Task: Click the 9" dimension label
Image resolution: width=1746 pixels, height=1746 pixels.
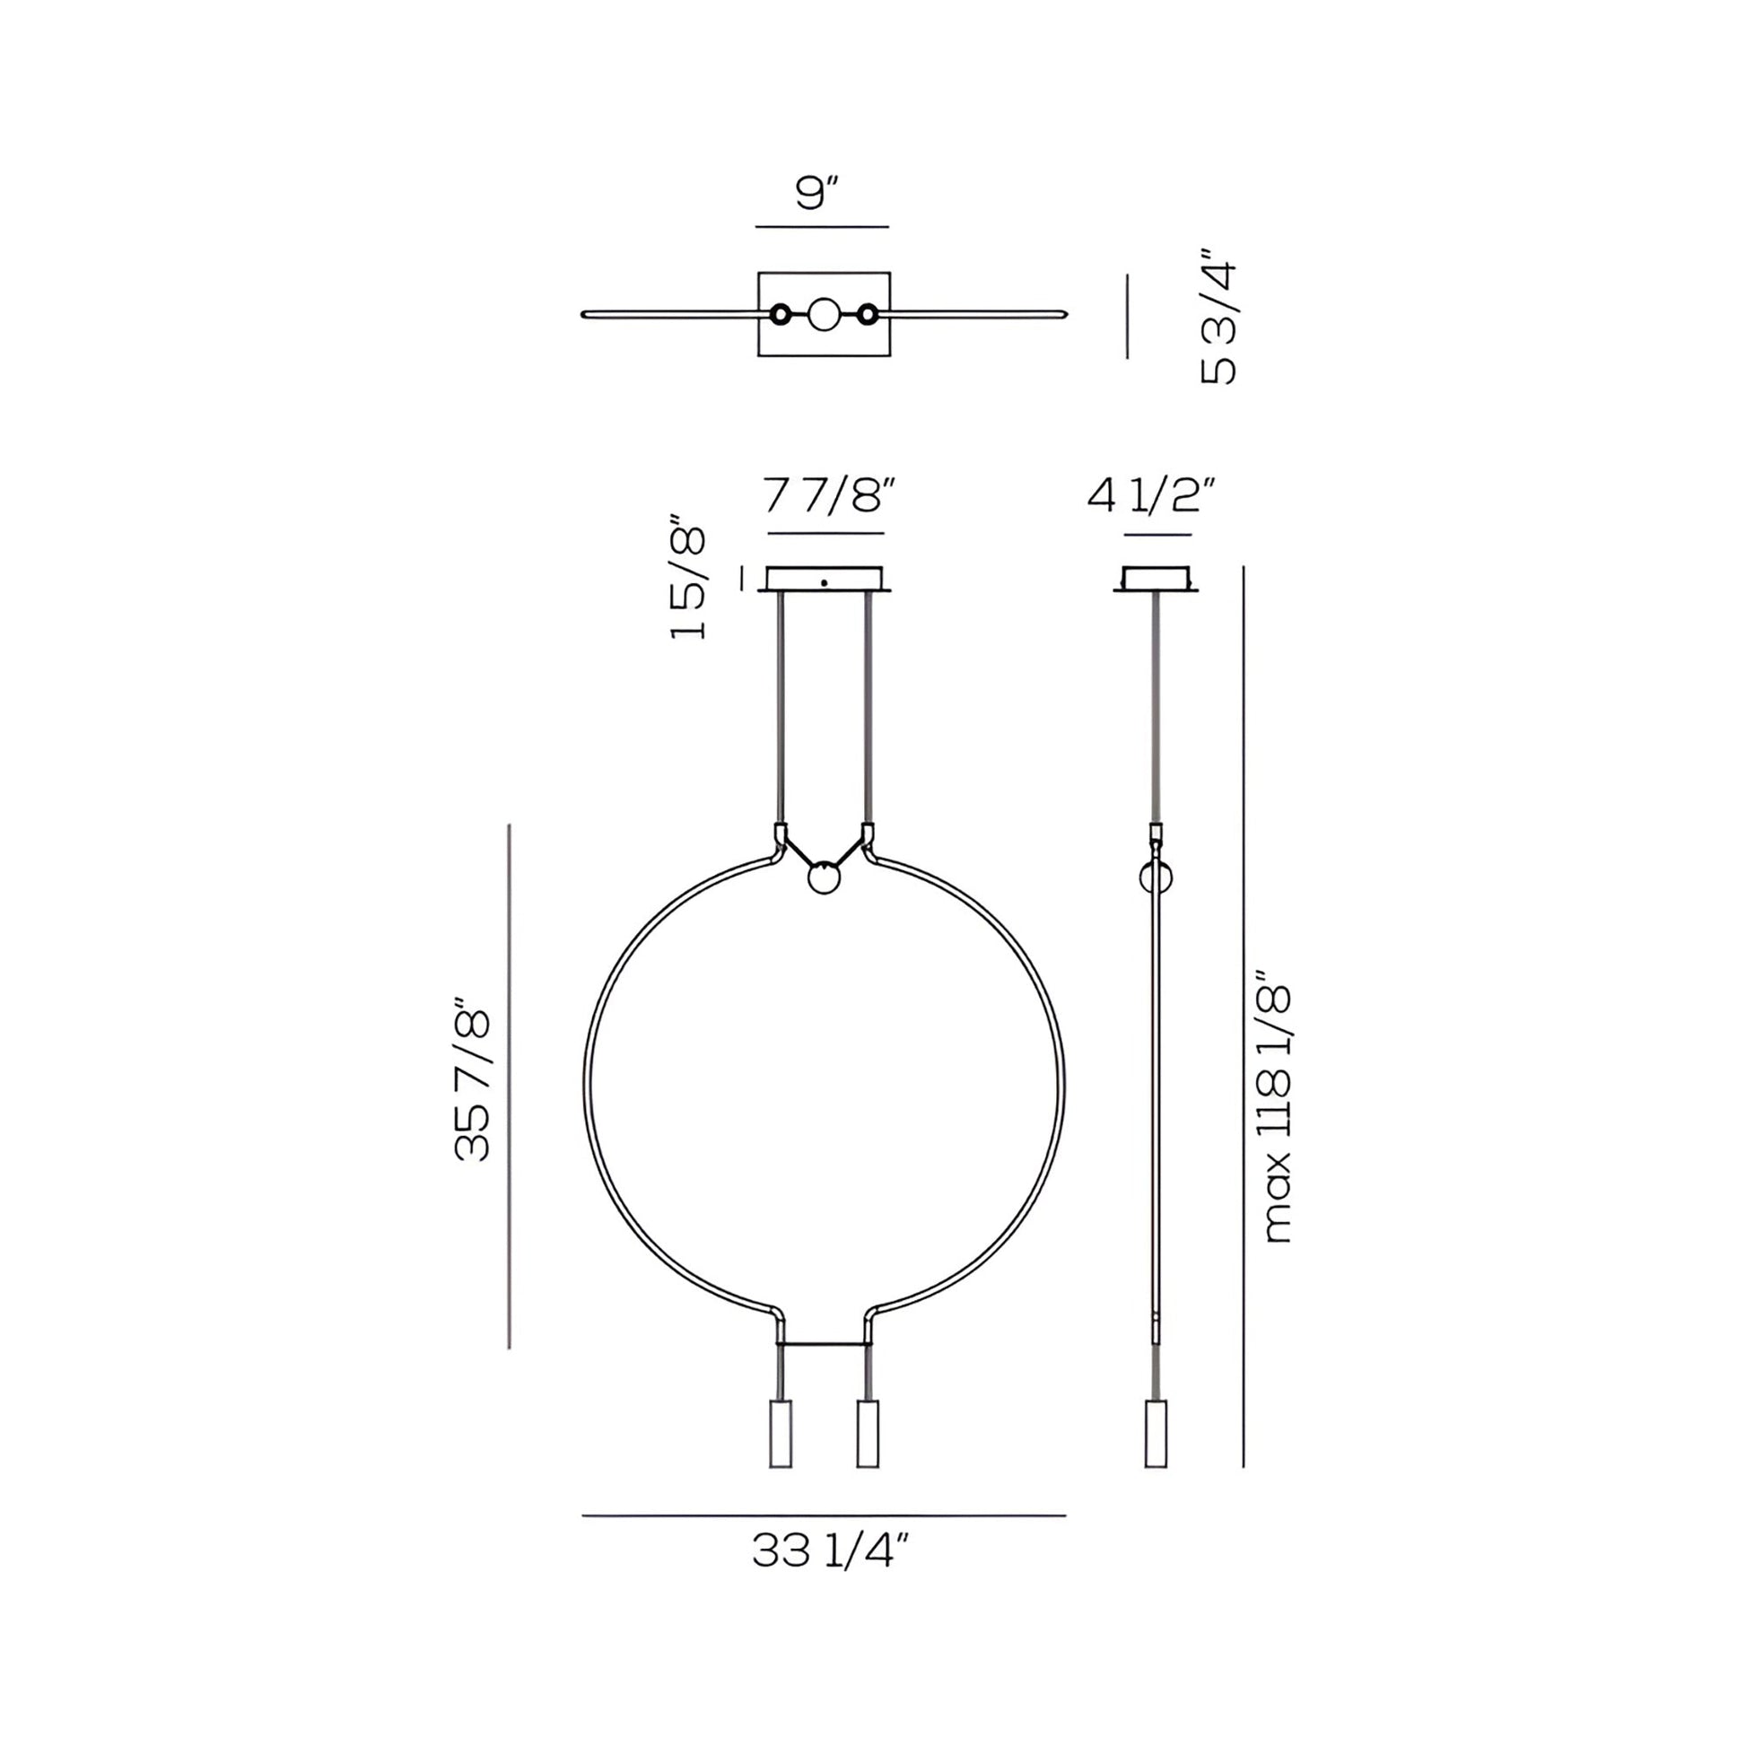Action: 819,193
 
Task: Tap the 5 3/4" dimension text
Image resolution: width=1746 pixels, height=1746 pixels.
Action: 1218,318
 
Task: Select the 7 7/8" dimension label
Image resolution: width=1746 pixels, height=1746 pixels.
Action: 830,495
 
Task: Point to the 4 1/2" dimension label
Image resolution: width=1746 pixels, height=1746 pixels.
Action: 1151,495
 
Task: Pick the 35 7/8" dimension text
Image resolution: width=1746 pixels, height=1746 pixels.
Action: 472,1080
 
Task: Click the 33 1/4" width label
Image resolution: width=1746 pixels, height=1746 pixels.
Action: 829,1551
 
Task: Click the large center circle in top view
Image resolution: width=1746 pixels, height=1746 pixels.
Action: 825,315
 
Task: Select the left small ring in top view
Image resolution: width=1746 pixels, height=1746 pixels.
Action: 781,315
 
